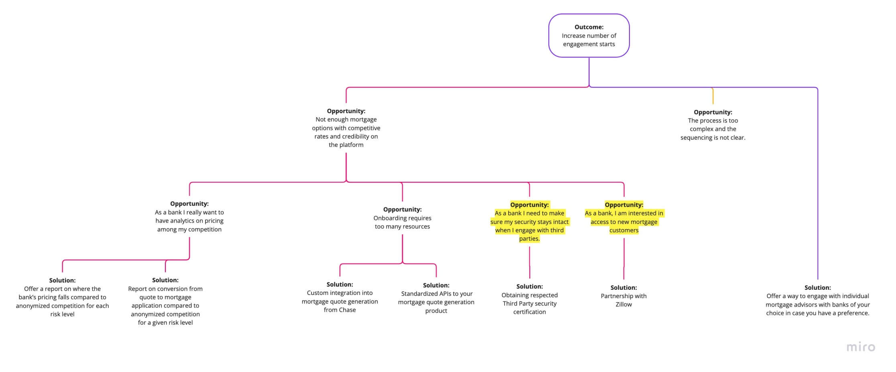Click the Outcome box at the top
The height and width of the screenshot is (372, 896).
pyautogui.click(x=589, y=36)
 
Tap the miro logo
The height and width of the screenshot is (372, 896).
pyautogui.click(x=860, y=347)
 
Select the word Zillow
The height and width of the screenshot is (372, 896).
pyautogui.click(x=623, y=305)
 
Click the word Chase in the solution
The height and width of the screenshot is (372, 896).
pyautogui.click(x=347, y=310)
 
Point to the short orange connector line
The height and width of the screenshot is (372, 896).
pyautogui.click(x=713, y=96)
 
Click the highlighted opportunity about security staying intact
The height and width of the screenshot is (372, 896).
pyautogui.click(x=529, y=222)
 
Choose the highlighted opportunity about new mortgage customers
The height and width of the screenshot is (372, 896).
pyautogui.click(x=623, y=218)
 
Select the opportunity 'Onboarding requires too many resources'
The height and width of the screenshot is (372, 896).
pyautogui.click(x=402, y=218)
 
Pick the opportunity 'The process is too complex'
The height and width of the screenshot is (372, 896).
pyautogui.click(x=713, y=125)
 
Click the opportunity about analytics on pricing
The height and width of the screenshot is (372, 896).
pyautogui.click(x=189, y=217)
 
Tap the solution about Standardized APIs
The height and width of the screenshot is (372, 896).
pyautogui.click(x=436, y=298)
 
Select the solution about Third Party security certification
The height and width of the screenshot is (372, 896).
pyautogui.click(x=529, y=299)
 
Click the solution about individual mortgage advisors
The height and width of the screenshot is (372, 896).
pyautogui.click(x=817, y=300)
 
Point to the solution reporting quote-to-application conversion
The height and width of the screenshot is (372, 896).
pyautogui.click(x=165, y=301)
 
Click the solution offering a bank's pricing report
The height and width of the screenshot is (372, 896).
pyautogui.click(x=62, y=297)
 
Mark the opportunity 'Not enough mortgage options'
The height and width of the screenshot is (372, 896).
pyautogui.click(x=346, y=128)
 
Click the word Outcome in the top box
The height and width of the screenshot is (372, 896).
pyautogui.click(x=589, y=27)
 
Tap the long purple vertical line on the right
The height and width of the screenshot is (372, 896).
pyautogui.click(x=817, y=181)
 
